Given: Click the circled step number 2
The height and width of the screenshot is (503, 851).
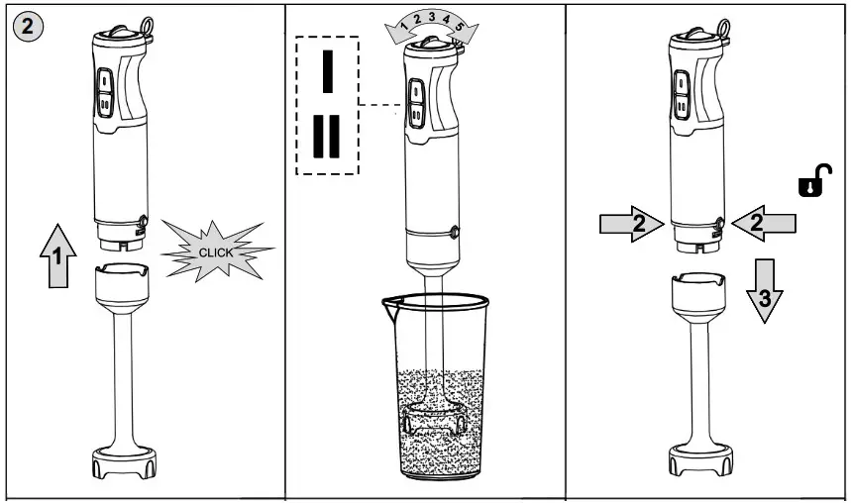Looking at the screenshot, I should coord(28,27).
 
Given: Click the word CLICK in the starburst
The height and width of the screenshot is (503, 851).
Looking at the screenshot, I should coord(215,252).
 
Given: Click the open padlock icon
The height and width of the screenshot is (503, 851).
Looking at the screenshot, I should coord(811,183).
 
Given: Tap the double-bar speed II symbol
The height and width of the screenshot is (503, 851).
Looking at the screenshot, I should coord(327,136).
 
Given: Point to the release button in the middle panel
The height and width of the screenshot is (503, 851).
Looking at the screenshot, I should coord(455,232).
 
